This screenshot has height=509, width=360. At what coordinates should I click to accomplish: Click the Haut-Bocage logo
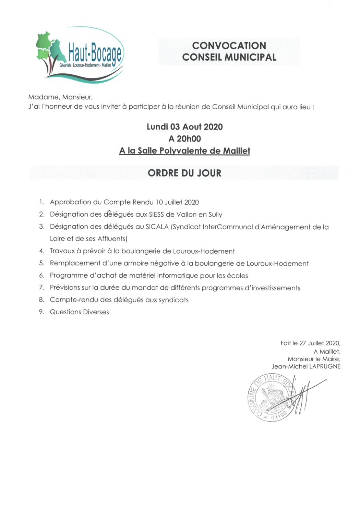tap(80, 55)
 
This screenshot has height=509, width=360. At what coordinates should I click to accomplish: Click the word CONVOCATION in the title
tap(229, 46)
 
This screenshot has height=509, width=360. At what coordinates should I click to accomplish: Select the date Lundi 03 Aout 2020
tap(184, 127)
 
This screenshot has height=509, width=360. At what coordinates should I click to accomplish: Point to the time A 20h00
tap(184, 139)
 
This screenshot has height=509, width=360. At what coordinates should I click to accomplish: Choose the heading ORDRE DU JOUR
tap(184, 173)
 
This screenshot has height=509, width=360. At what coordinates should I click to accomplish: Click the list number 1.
tap(41, 202)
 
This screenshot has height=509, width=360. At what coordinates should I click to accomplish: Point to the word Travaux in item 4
tap(62, 251)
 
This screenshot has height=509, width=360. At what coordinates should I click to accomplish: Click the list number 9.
tap(41, 312)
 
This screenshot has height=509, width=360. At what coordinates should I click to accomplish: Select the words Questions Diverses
tap(79, 312)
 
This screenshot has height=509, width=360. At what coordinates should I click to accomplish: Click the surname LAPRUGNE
tap(325, 366)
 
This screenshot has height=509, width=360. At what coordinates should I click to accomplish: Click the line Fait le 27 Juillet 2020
tap(310, 343)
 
